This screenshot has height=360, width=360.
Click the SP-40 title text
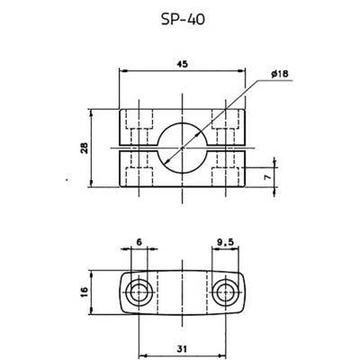(x=183, y=20)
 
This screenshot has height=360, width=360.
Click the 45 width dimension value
(x=182, y=64)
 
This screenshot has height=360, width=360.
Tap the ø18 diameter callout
(x=279, y=74)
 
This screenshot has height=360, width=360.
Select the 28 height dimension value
(x=85, y=148)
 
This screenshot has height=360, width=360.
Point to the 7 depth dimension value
(x=268, y=177)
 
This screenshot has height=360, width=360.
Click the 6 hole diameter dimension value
(x=139, y=242)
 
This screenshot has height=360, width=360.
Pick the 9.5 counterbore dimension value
(x=225, y=242)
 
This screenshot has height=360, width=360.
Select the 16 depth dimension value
(x=85, y=292)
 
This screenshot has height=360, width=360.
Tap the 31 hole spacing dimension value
(x=182, y=349)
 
